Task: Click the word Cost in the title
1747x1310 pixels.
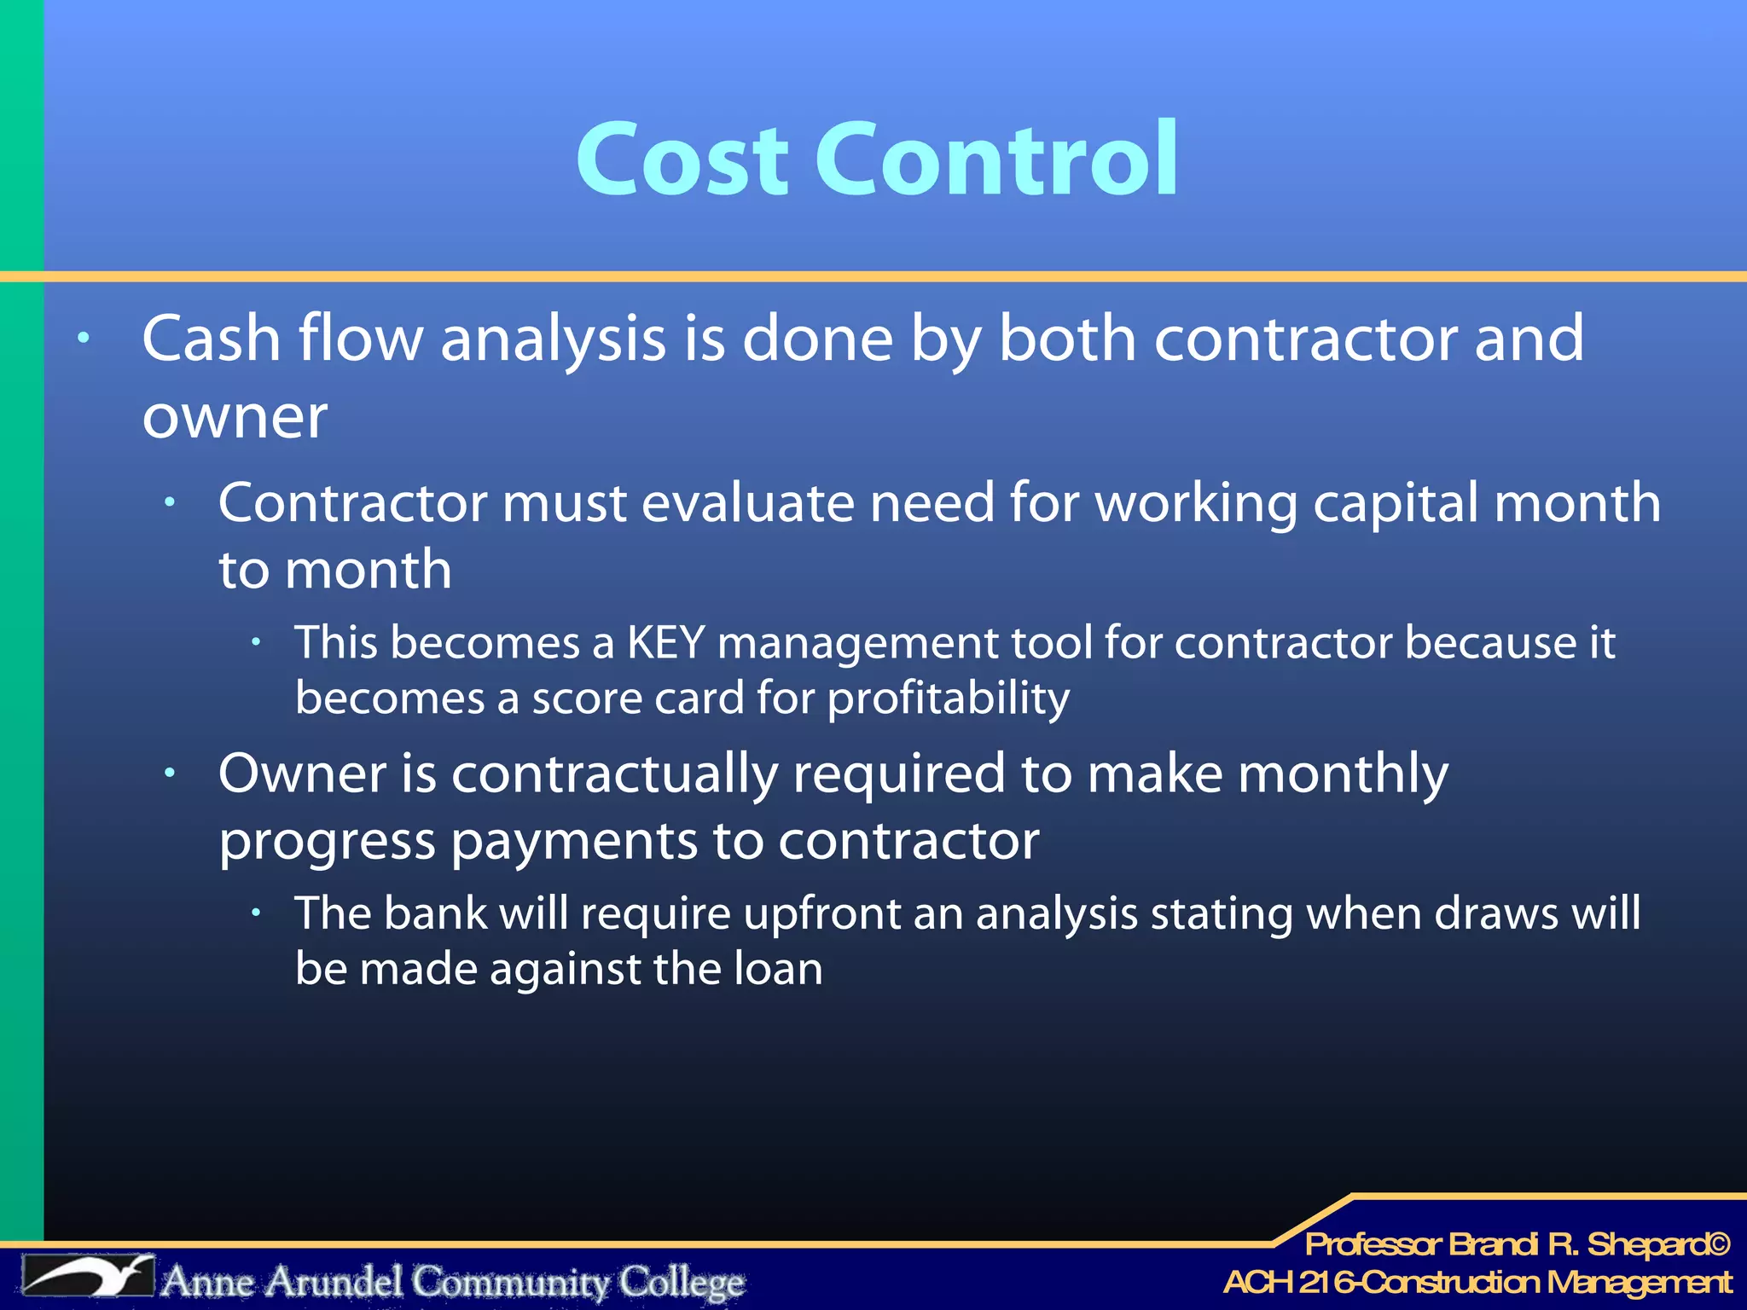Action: click(x=682, y=159)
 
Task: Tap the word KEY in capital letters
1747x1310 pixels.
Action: click(x=665, y=642)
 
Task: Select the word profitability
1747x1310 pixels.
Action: click(x=948, y=698)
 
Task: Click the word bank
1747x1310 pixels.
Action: click(x=435, y=913)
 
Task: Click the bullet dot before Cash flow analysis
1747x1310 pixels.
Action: click(x=83, y=339)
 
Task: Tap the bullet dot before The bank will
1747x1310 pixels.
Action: click(x=256, y=913)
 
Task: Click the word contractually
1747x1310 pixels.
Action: click(x=614, y=774)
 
